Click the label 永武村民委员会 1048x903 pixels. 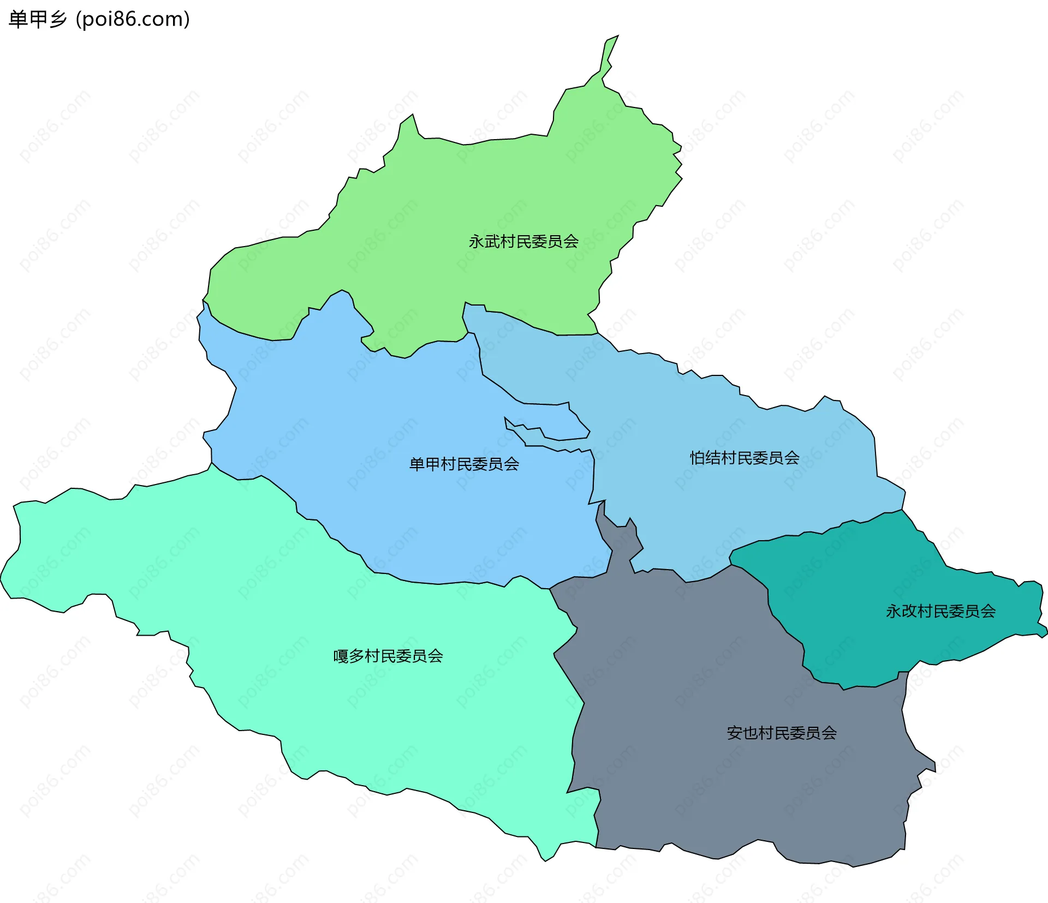523,241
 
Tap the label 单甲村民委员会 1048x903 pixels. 464,464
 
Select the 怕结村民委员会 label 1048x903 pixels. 745,458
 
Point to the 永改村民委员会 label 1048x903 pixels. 940,611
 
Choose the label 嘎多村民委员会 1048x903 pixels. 388,656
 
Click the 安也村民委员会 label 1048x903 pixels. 782,733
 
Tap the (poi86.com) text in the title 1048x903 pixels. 133,20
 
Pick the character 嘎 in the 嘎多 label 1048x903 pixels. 341,656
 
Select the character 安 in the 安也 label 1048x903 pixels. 734,733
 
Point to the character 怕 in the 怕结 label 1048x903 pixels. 697,458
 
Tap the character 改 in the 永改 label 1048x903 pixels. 909,611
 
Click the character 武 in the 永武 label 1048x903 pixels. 492,241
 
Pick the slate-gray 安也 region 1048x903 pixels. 710,791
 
